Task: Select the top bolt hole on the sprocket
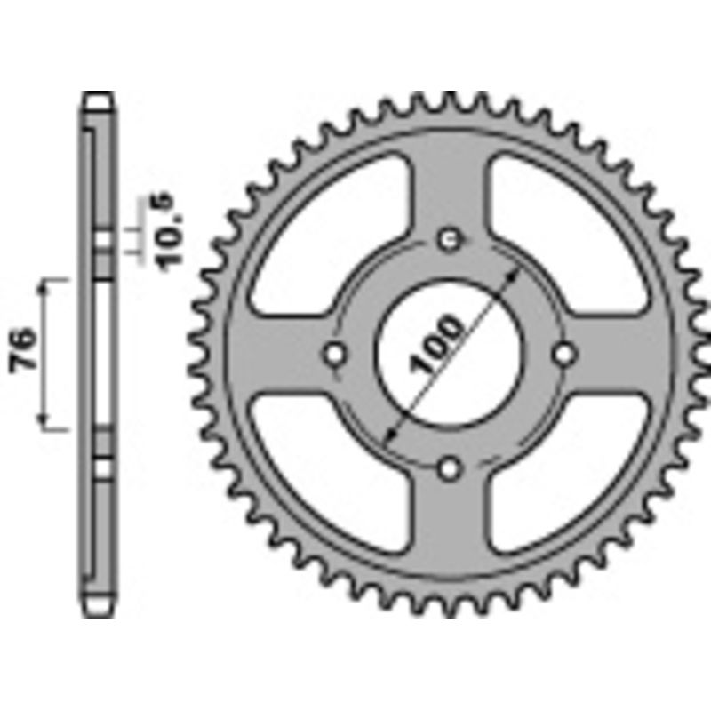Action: click(x=451, y=238)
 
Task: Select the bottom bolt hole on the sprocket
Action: click(x=451, y=467)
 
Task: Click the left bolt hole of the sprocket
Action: click(x=335, y=353)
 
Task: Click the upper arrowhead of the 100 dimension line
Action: click(x=515, y=271)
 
